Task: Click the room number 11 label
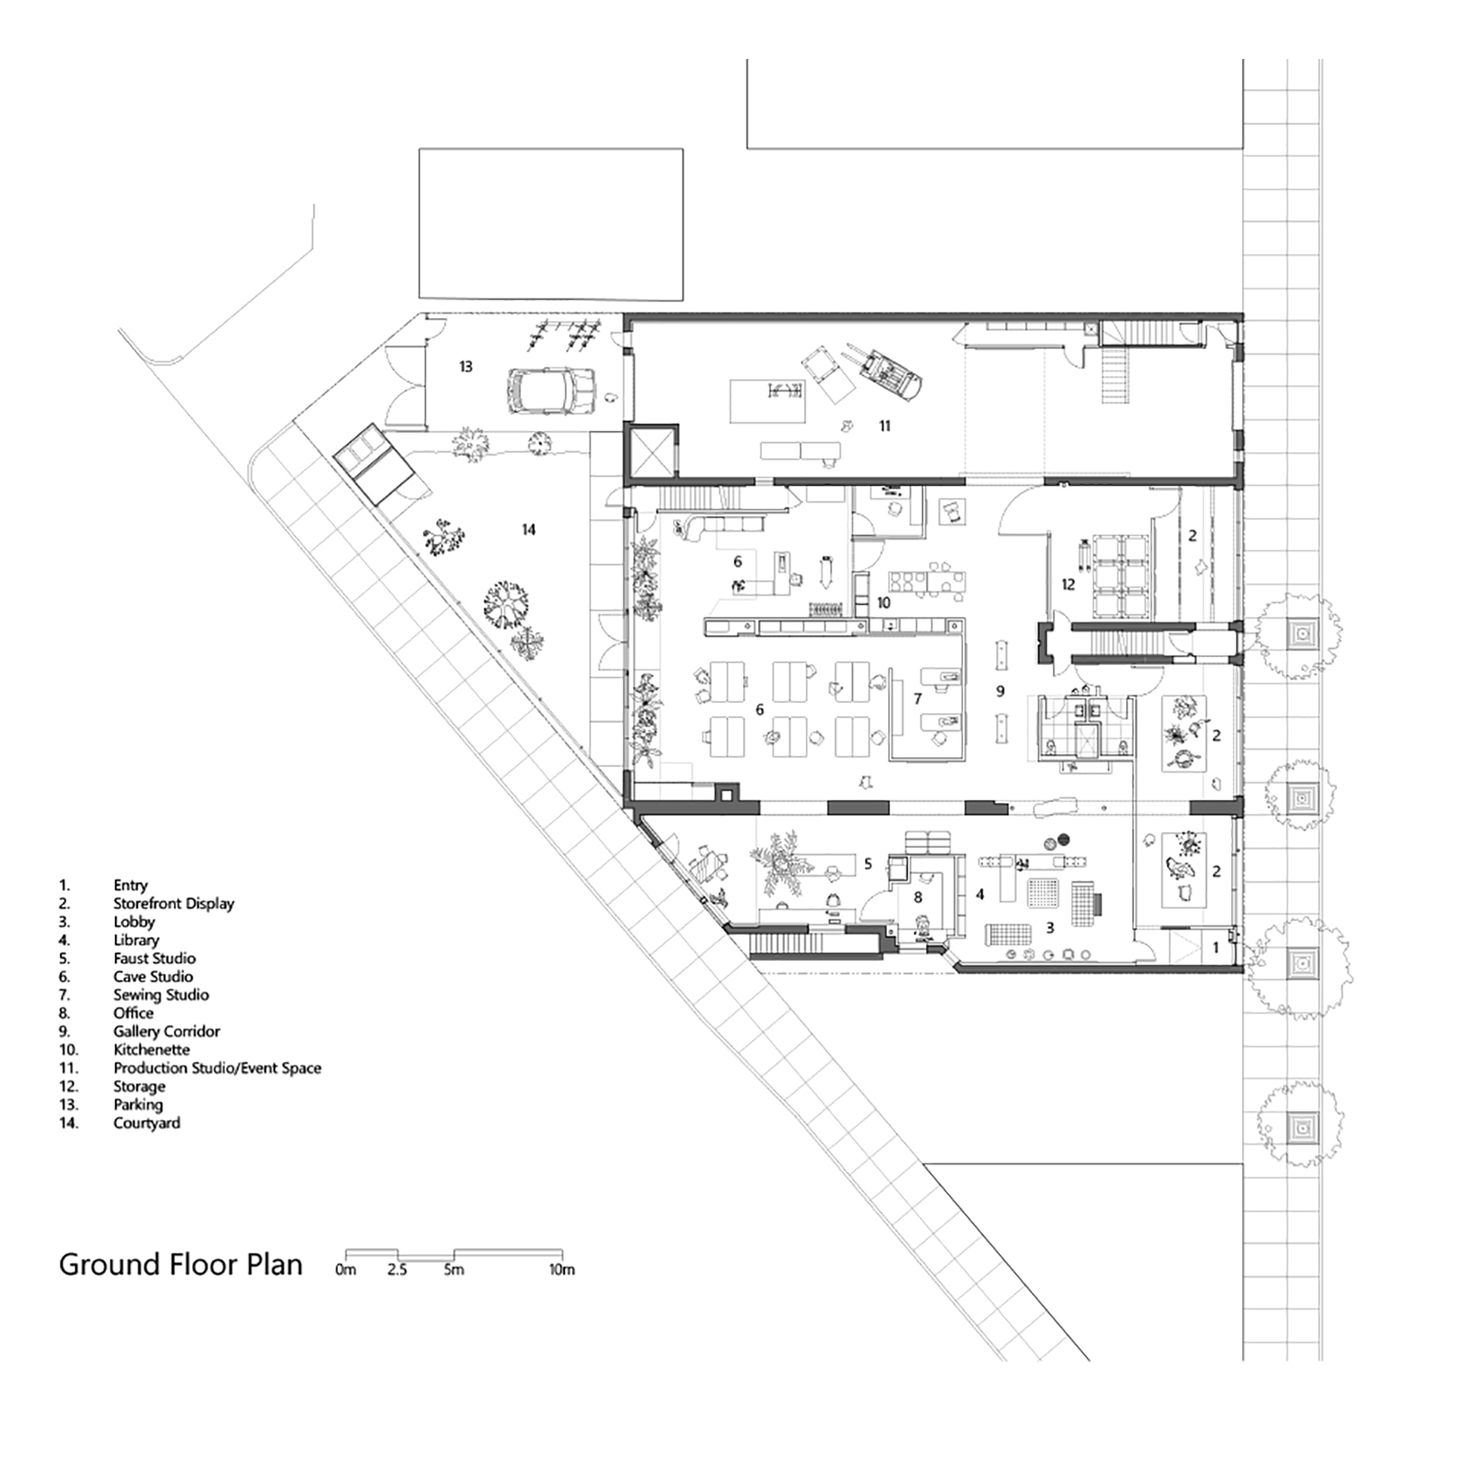[884, 426]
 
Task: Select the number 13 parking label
[465, 366]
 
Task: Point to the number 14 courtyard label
[529, 530]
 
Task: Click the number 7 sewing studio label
[918, 699]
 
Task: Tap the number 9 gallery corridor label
[1000, 692]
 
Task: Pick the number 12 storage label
[1068, 585]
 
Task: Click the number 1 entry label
[1215, 948]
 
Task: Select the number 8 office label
[918, 897]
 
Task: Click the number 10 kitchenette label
[883, 603]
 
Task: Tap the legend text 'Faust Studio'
[154, 958]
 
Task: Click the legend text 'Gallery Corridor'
[166, 1032]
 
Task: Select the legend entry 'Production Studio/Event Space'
[217, 1068]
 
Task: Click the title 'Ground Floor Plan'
[180, 1264]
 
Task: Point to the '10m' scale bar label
[561, 1270]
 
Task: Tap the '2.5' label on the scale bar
[397, 1270]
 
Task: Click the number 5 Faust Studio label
[869, 864]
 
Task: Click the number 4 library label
[980, 895]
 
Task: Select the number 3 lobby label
[1050, 928]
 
